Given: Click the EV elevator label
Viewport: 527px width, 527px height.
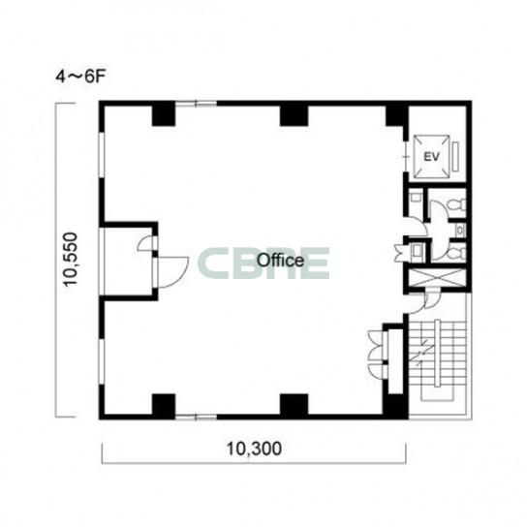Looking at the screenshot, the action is (431, 157).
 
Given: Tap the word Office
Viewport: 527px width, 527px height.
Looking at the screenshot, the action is (280, 261).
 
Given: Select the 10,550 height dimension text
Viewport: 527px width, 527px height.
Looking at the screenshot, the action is (71, 259).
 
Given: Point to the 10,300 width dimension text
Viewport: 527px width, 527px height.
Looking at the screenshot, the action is (254, 449).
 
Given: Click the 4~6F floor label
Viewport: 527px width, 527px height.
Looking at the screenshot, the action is (80, 77).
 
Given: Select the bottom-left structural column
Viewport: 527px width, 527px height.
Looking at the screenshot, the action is (164, 405).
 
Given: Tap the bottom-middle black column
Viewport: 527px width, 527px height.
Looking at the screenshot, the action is (294, 405).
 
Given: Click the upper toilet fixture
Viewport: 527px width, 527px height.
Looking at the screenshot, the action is (458, 205).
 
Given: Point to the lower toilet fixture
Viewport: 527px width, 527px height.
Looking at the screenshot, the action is (458, 253).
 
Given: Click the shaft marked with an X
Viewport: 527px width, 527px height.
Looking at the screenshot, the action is (437, 278).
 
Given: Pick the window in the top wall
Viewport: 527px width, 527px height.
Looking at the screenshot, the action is (197, 104).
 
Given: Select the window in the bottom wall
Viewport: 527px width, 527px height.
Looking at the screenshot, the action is (197, 418).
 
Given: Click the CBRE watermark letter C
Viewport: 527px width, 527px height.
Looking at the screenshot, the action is (213, 263).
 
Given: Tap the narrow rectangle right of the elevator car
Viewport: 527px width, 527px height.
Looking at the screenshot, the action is (455, 157).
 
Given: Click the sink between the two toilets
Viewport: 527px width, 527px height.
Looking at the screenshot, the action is (459, 231).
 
